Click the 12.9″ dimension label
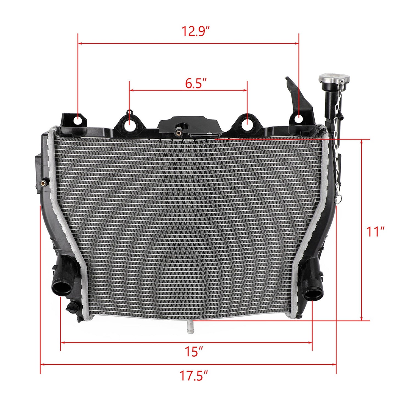tap(196, 31)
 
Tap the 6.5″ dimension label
tap(196, 83)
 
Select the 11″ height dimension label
tap(375, 232)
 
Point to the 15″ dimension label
tap(193, 352)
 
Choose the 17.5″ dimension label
tap(193, 376)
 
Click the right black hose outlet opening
tap(313, 295)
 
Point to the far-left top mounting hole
tap(78, 120)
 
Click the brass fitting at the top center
tap(179, 133)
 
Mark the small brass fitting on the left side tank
tap(43, 183)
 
